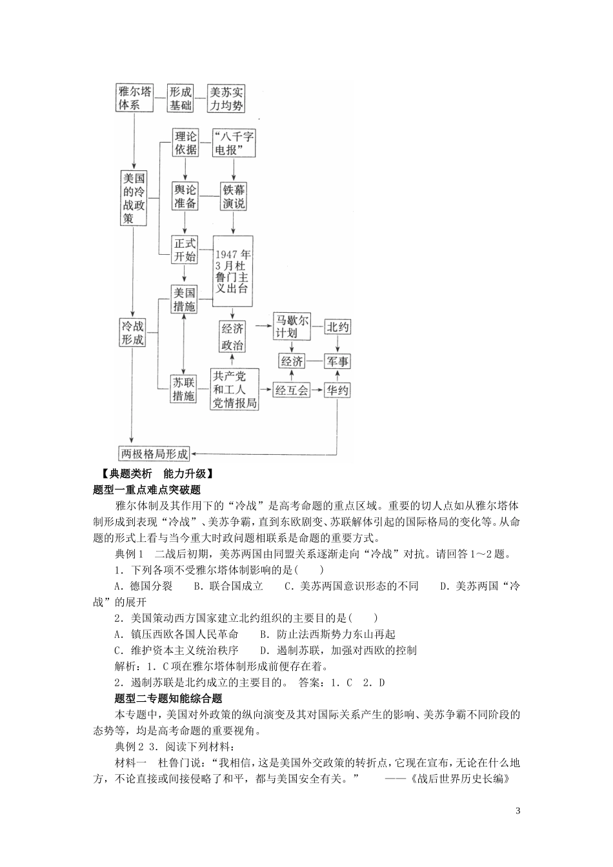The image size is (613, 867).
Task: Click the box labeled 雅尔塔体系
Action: point(134,97)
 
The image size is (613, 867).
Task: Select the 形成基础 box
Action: point(181,97)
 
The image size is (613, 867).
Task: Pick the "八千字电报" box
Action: point(234,143)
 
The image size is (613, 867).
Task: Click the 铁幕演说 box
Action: point(234,196)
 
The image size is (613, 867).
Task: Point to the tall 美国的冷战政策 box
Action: point(134,198)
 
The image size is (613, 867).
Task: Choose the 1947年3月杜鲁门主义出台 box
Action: point(233,271)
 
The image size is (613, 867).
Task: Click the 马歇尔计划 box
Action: point(292,327)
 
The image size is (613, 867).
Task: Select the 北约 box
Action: point(337,327)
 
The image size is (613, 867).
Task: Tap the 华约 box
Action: point(337,390)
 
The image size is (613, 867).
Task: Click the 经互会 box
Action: point(292,390)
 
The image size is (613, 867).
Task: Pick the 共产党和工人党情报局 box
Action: point(235,389)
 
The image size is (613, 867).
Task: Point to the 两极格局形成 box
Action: point(155,453)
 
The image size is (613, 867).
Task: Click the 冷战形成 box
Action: point(133,332)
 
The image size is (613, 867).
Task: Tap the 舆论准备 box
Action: point(185,196)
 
